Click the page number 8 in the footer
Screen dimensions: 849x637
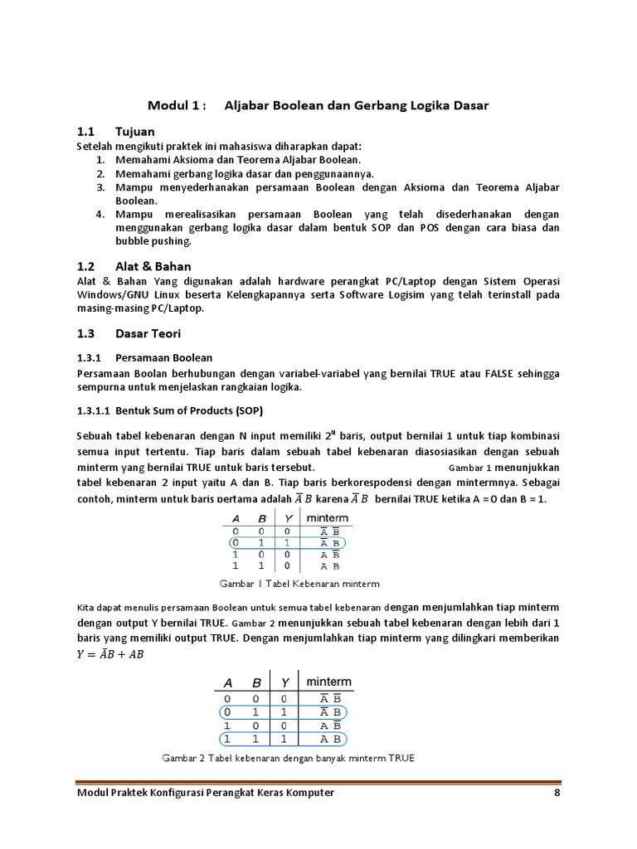point(557,793)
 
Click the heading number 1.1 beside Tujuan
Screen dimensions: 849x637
point(86,132)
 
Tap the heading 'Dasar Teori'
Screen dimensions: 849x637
point(148,333)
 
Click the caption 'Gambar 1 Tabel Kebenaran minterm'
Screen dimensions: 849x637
point(299,584)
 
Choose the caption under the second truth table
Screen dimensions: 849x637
point(287,758)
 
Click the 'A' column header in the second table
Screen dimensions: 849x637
point(226,682)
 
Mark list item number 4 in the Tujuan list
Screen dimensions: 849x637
point(99,214)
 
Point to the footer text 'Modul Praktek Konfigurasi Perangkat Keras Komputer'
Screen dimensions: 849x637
point(206,793)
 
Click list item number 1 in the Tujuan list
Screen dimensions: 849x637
point(99,159)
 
